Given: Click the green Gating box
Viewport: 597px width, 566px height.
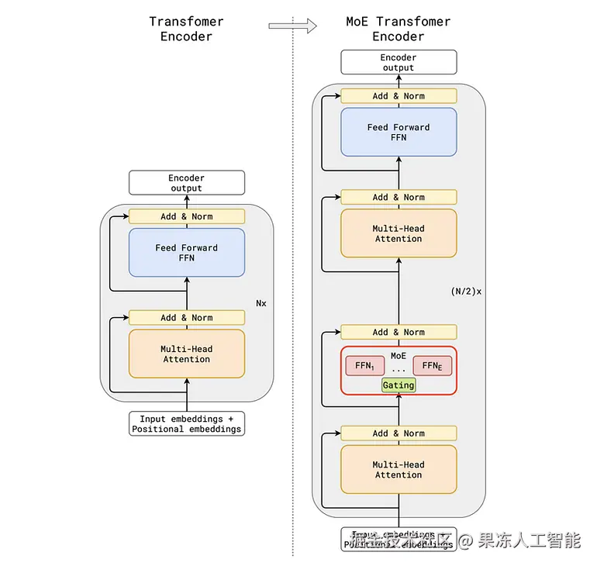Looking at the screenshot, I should (399, 385).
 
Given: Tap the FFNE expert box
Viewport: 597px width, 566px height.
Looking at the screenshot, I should (432, 366).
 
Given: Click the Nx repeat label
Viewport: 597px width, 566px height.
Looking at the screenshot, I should (261, 303).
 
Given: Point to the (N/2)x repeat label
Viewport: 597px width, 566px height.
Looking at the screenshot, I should (466, 292).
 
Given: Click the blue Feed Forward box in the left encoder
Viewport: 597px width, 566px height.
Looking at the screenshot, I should (186, 253).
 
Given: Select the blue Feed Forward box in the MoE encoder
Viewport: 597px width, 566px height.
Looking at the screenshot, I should (399, 133).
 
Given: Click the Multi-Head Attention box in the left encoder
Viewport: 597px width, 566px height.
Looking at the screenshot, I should (186, 354).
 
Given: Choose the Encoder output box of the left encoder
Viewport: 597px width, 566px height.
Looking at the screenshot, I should (186, 183).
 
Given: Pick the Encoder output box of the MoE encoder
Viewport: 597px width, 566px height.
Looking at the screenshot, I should (399, 63).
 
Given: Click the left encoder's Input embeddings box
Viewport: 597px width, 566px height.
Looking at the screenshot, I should (186, 424).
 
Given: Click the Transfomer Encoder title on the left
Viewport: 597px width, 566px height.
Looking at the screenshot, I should (186, 29).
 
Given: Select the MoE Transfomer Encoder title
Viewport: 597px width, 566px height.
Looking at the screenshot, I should (399, 29).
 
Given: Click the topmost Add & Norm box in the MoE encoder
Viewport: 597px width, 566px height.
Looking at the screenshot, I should (399, 96).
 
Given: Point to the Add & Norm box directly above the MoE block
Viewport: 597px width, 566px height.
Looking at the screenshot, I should (399, 332).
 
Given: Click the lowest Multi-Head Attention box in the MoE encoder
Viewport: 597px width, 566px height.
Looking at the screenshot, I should (399, 470).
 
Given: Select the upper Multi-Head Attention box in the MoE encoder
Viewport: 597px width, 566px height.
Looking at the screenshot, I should (399, 233).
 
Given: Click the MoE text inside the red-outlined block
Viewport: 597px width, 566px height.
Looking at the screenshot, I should (399, 355).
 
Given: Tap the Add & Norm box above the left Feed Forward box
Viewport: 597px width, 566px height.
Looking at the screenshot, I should (186, 216).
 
